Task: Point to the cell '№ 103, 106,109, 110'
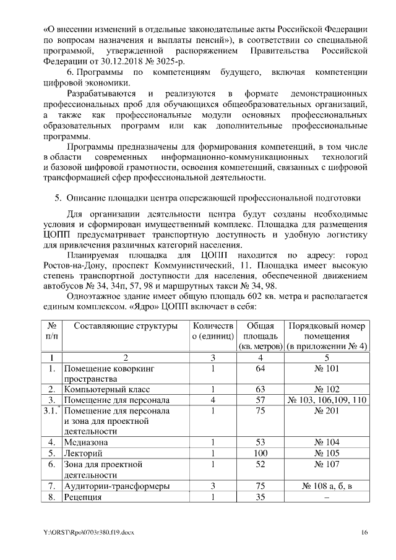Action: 327,400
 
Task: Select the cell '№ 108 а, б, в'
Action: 327,486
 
